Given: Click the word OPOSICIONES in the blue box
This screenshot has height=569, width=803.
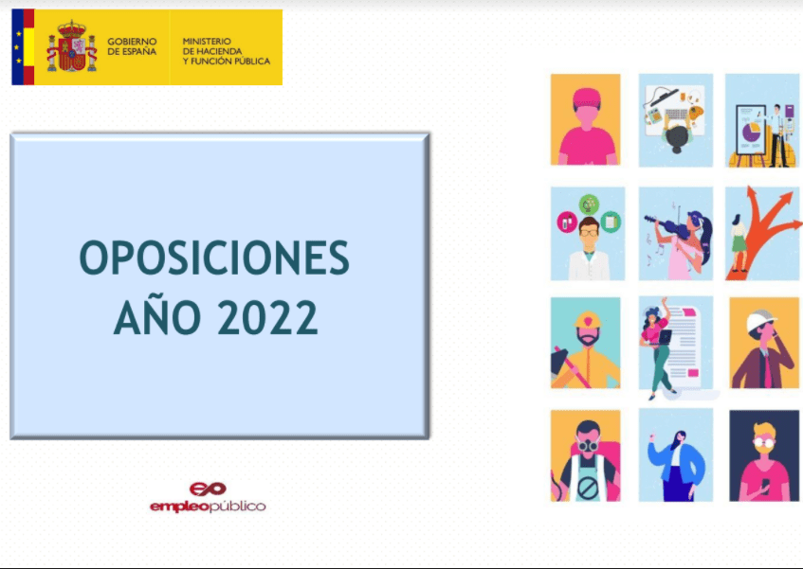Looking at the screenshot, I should [214, 258].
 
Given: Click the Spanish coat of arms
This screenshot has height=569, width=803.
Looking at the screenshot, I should [72, 47].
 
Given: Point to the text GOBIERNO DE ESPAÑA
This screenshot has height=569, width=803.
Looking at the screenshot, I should [132, 47].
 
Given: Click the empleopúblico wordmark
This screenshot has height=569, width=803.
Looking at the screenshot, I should [208, 507].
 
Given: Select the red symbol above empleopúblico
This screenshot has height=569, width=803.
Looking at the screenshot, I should [208, 489].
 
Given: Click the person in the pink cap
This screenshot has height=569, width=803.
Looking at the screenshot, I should [586, 123].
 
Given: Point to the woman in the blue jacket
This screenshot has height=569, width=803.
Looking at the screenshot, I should [676, 459].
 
